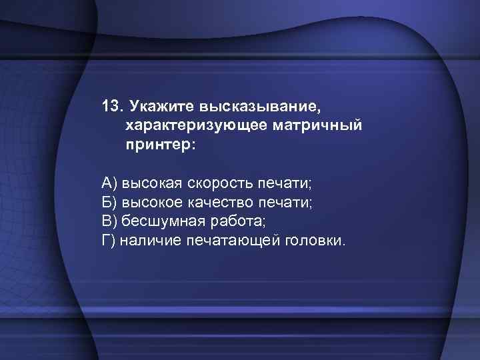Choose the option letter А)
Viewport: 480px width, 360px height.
[x=109, y=182]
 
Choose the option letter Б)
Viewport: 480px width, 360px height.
[x=109, y=201]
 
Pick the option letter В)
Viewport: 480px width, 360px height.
[x=109, y=220]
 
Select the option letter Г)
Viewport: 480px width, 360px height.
[x=109, y=239]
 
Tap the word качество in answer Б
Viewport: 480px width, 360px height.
[x=219, y=201]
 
